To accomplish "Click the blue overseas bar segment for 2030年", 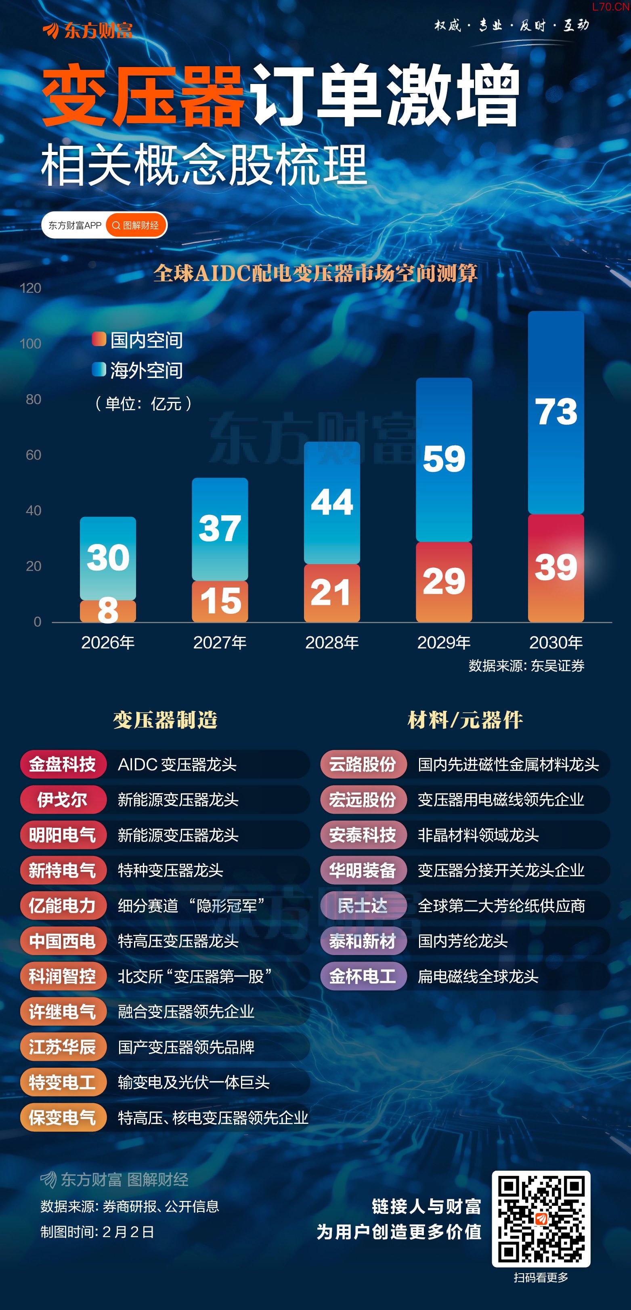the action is coord(556,412).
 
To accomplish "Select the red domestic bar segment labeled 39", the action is coord(556,568).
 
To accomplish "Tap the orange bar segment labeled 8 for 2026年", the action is coord(108,611).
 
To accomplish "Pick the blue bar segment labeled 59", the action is coord(444,460).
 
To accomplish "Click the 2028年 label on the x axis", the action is coord(332,643).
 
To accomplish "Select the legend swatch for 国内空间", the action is coord(99,339).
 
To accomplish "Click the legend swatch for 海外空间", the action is coord(99,369).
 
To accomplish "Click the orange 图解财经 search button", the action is coord(136,225).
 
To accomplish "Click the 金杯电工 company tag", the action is coord(363,976).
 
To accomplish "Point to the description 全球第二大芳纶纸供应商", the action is coord(501,906).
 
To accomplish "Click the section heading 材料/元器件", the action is coord(465,720).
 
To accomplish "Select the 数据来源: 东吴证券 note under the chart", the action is coord(526,665).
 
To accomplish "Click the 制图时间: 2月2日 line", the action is coord(97,1232).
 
